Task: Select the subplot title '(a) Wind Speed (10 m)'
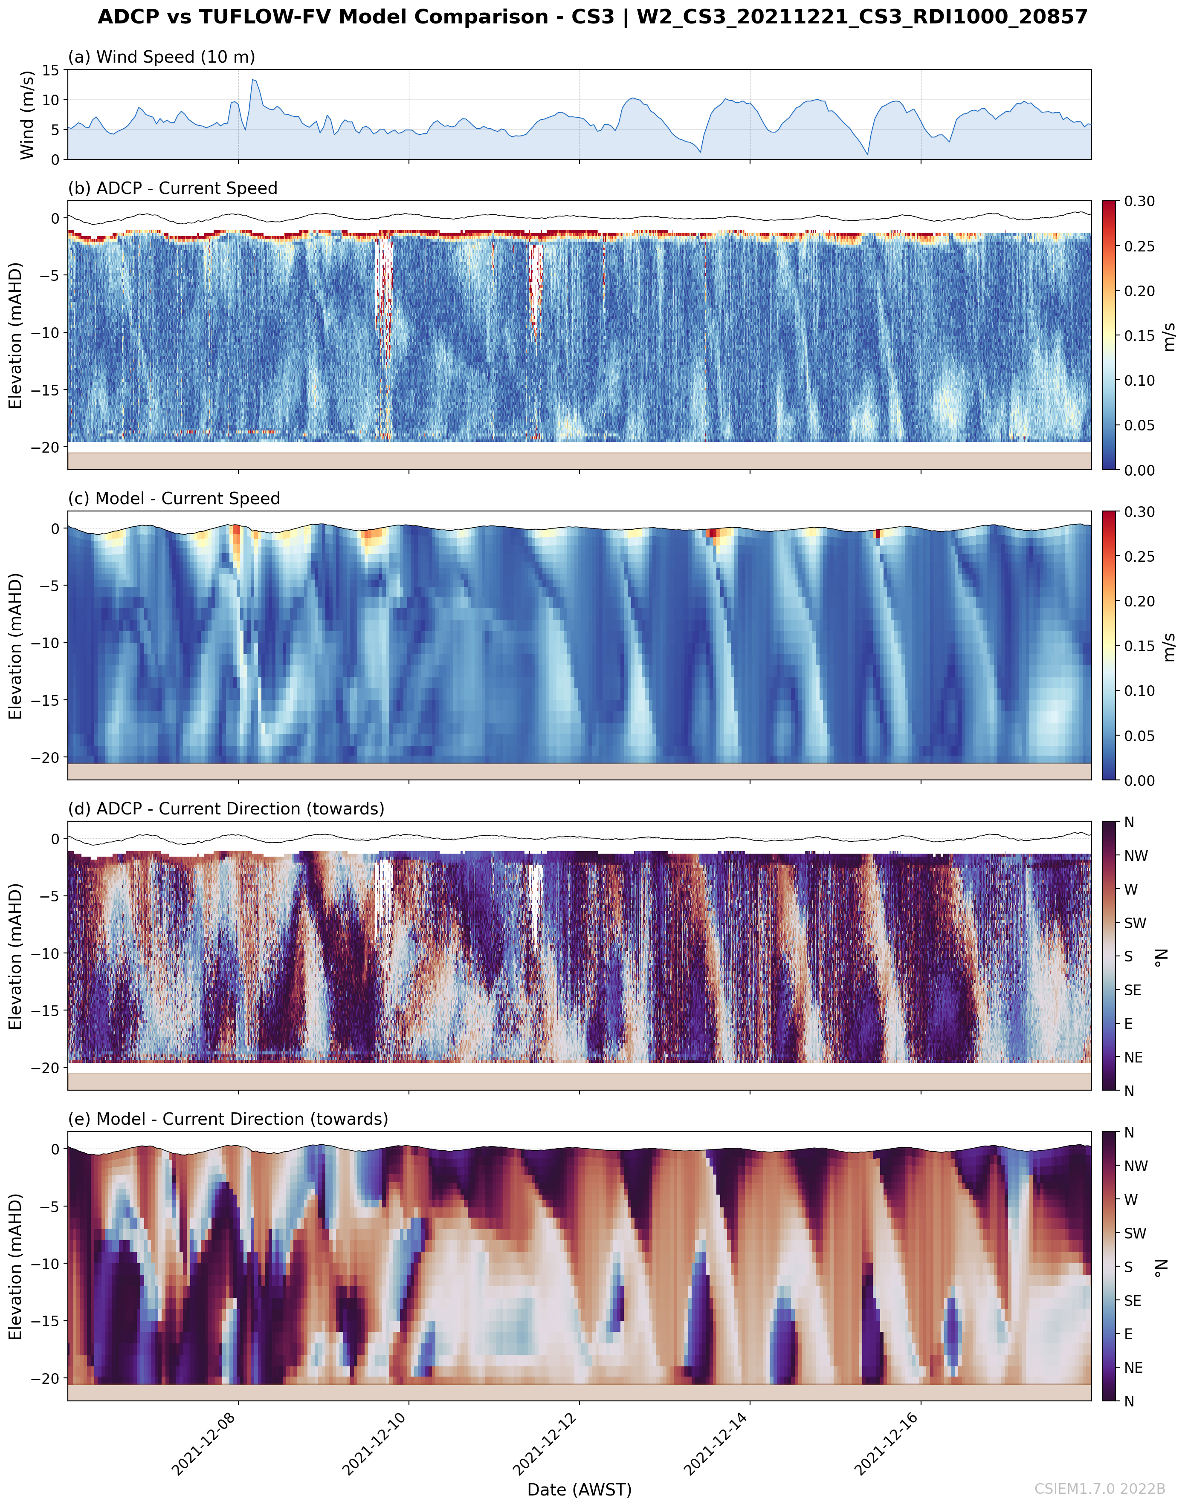tap(161, 57)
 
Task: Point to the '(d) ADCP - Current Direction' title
tap(226, 808)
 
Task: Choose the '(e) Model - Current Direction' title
tap(228, 1119)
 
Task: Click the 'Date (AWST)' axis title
tap(579, 1490)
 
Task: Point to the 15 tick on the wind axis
tap(51, 70)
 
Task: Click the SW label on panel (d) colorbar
tap(1135, 923)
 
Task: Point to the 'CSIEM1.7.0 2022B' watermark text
tap(1100, 1489)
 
